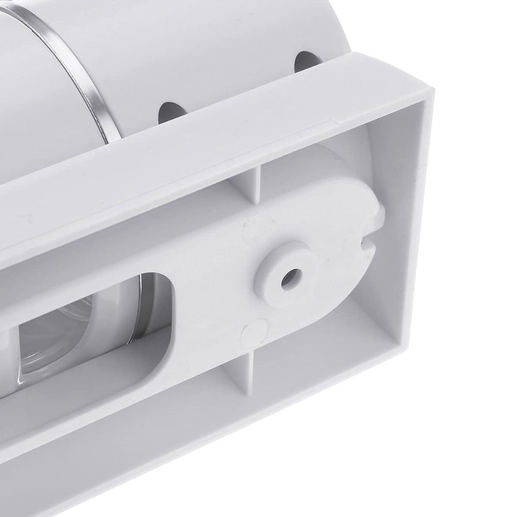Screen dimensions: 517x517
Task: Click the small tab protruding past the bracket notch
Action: click(379, 212)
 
